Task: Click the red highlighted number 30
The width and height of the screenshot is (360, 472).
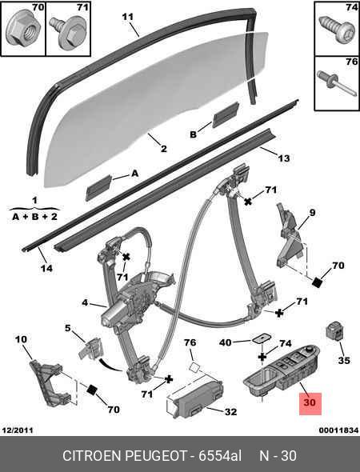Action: pyautogui.click(x=310, y=402)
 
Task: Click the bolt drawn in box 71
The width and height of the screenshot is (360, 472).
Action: pyautogui.click(x=68, y=33)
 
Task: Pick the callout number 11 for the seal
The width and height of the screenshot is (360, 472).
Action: pyautogui.click(x=127, y=17)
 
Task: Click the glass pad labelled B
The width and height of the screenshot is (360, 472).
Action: pyautogui.click(x=226, y=115)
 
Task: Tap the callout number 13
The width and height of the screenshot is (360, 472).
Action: pyautogui.click(x=283, y=158)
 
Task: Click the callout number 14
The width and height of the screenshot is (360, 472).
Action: pyautogui.click(x=46, y=268)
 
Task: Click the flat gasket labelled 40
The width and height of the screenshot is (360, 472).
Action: pyautogui.click(x=261, y=338)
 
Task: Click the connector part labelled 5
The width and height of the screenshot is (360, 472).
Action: pyautogui.click(x=90, y=349)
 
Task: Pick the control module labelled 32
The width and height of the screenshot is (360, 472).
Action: pyautogui.click(x=195, y=399)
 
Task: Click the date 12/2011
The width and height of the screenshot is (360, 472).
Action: pyautogui.click(x=18, y=430)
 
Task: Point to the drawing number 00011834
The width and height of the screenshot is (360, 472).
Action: pyautogui.click(x=338, y=430)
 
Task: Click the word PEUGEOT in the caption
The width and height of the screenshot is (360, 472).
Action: pyautogui.click(x=156, y=456)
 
